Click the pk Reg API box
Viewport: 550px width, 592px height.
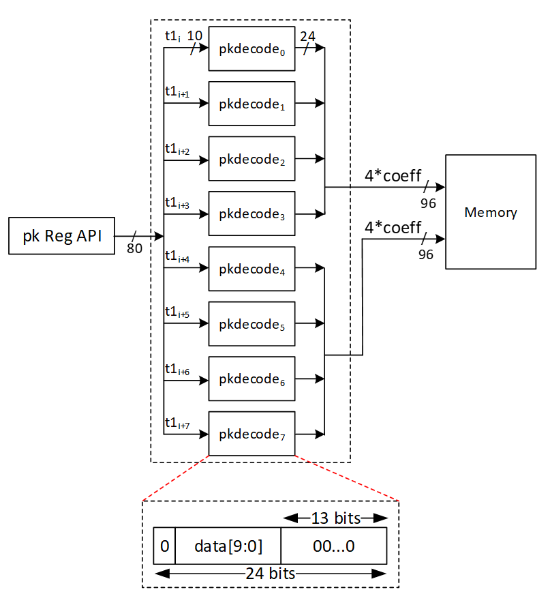pyautogui.click(x=61, y=237)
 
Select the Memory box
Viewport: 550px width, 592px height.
pyautogui.click(x=490, y=212)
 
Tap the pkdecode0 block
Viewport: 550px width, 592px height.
pyautogui.click(x=251, y=49)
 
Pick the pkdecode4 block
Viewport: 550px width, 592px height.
pyautogui.click(x=251, y=269)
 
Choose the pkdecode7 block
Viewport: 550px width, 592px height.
pyautogui.click(x=251, y=434)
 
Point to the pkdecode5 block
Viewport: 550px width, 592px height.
pyautogui.click(x=251, y=324)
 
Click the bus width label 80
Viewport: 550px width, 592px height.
pyautogui.click(x=134, y=249)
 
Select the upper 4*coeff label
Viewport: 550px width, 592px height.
pyautogui.click(x=393, y=175)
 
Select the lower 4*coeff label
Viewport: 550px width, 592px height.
pyautogui.click(x=393, y=227)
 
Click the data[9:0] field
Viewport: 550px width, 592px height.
pyautogui.click(x=228, y=545)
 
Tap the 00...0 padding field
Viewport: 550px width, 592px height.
pyautogui.click(x=333, y=545)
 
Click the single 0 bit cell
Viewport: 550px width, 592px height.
pyautogui.click(x=164, y=545)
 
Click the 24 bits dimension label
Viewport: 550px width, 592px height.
pyautogui.click(x=271, y=573)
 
